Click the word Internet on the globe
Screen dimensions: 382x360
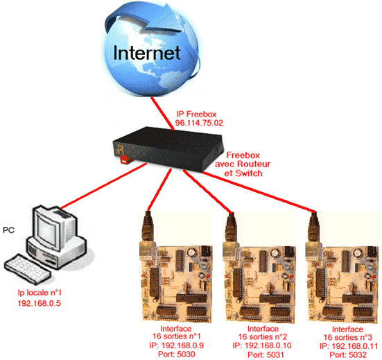[147, 53]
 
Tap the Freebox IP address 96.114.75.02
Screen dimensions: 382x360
[199, 123]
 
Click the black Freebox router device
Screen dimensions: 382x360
[168, 148]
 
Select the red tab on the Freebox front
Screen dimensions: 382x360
[124, 160]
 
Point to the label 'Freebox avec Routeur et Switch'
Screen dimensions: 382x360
[243, 164]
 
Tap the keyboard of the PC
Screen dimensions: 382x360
[27, 269]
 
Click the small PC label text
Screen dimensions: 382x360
[8, 230]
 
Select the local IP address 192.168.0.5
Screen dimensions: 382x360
[40, 303]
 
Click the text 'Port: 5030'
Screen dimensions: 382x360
[177, 354]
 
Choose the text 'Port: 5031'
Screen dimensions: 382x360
[266, 354]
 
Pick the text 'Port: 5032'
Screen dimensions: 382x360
[348, 354]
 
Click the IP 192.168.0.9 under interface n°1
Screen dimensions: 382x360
[176, 345]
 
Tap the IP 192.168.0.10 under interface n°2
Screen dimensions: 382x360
[262, 345]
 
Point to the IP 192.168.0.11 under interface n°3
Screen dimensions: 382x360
[349, 346]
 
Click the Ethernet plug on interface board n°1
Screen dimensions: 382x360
[148, 227]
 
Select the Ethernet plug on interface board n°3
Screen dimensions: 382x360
[314, 227]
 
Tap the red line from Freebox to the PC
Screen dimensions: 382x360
[103, 186]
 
